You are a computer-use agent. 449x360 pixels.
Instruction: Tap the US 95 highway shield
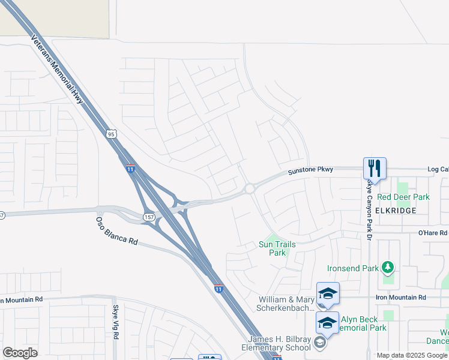pos(112,134)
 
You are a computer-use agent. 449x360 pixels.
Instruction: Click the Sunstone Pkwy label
pos(310,170)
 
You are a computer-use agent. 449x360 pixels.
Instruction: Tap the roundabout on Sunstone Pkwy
pos(249,189)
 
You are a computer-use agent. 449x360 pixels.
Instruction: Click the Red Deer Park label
pos(403,197)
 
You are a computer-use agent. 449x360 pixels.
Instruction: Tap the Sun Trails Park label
pos(277,248)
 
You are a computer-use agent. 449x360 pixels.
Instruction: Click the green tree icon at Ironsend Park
pos(388,266)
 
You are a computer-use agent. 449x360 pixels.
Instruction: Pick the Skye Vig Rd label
pos(116,322)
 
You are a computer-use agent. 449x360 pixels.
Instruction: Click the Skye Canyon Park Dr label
pos(369,209)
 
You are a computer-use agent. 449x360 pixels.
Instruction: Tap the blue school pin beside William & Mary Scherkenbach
pos(328,293)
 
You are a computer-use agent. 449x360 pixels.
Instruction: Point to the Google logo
pos(20,353)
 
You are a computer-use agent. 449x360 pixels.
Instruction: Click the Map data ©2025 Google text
pos(412,355)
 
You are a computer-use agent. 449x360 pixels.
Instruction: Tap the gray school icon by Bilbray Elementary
pos(320,343)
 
